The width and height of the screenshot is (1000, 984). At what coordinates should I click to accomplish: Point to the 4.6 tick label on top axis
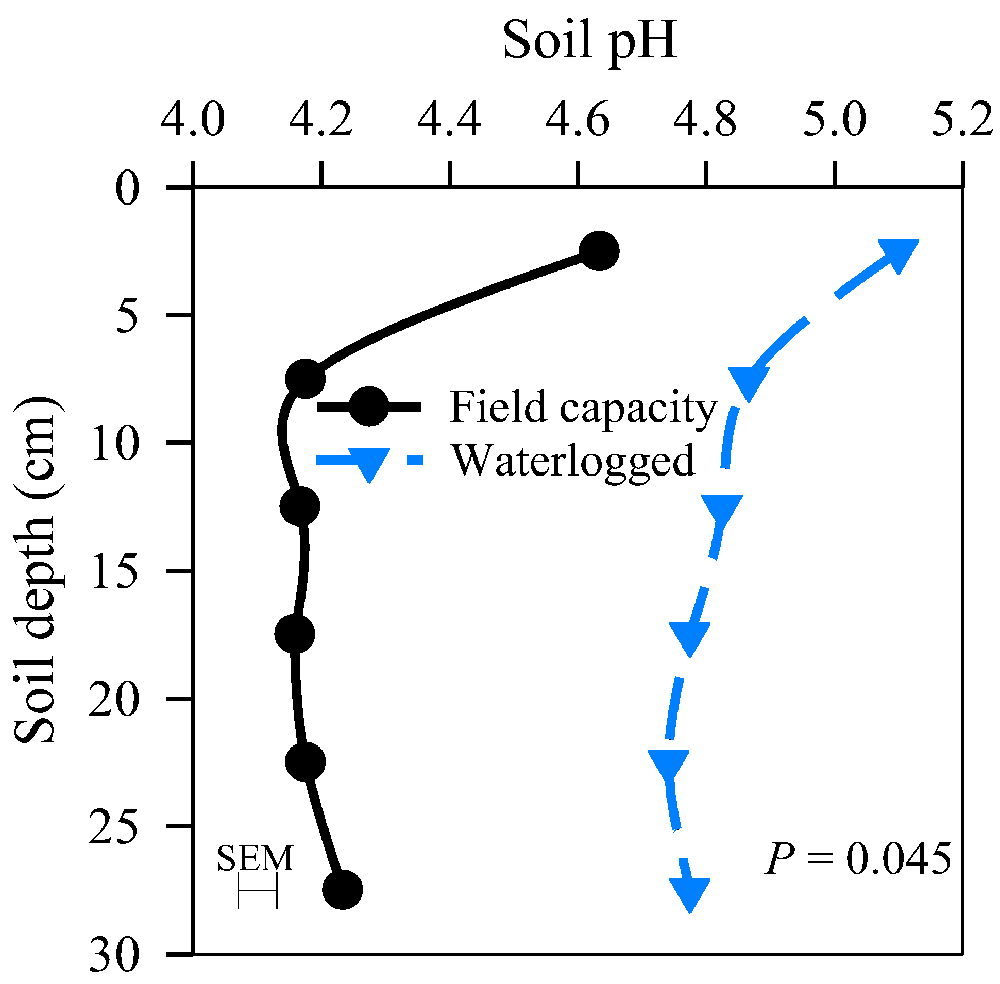pyautogui.click(x=577, y=120)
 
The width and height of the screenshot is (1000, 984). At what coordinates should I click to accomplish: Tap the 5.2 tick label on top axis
pyautogui.click(x=962, y=120)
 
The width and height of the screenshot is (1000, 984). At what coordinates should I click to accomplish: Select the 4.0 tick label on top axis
pyautogui.click(x=193, y=120)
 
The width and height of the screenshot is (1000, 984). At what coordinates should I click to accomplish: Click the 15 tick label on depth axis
pyautogui.click(x=114, y=570)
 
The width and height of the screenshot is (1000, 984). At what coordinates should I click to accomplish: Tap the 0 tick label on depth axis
pyautogui.click(x=127, y=188)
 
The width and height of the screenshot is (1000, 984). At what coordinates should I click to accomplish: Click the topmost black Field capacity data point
pyautogui.click(x=599, y=251)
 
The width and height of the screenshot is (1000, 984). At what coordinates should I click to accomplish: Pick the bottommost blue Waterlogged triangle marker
pyautogui.click(x=690, y=892)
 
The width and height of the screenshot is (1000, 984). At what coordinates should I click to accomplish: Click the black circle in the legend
pyautogui.click(x=368, y=406)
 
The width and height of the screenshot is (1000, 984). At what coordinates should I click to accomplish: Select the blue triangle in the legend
pyautogui.click(x=369, y=463)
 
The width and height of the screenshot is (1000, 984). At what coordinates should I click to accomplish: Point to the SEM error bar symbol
pyautogui.click(x=258, y=890)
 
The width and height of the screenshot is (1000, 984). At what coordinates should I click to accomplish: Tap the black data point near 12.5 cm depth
pyautogui.click(x=300, y=506)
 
